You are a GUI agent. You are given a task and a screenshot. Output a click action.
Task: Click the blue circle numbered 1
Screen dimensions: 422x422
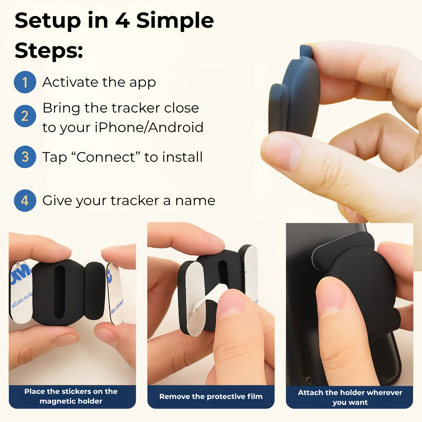point(25,82)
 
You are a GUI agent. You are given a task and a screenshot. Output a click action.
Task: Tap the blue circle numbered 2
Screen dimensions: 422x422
point(25,116)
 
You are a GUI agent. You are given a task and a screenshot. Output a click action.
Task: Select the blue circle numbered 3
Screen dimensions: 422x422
point(25,157)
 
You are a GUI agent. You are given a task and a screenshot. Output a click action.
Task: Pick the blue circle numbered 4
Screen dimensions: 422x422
point(25,200)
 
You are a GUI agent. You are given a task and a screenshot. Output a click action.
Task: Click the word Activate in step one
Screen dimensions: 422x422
point(70,82)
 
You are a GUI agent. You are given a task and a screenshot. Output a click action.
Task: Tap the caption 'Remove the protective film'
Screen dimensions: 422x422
point(211,397)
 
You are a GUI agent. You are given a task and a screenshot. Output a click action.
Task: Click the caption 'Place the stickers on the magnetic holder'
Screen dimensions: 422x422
point(71,396)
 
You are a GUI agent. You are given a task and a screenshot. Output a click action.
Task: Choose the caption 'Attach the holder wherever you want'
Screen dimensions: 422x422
point(350,397)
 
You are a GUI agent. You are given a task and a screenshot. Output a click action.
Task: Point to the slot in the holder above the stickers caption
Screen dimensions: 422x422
point(60,292)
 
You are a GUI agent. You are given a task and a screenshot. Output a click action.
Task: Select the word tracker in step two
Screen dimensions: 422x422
point(134,108)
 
